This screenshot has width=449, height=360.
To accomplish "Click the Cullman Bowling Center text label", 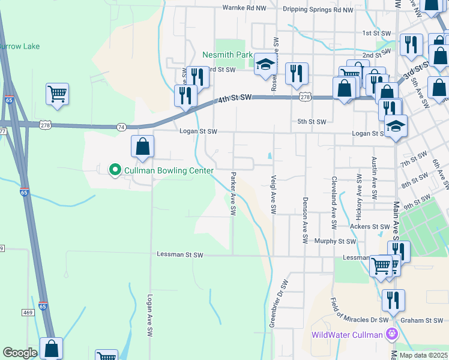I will click(x=169, y=171).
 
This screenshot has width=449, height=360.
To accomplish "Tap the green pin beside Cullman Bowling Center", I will click(x=115, y=170).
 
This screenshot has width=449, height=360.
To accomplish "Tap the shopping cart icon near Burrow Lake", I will click(x=57, y=94).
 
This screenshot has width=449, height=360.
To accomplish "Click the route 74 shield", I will click(x=121, y=127).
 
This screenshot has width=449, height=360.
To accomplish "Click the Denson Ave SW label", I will click(x=305, y=220).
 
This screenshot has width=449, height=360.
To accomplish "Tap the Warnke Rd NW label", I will click(x=244, y=8).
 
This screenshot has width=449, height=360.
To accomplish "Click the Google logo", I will click(x=19, y=353).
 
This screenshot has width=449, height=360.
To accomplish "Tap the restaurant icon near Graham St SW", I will click(x=393, y=300).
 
